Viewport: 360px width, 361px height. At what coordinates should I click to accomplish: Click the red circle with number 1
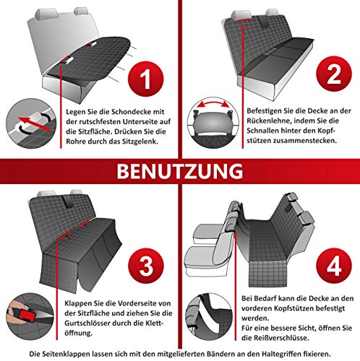coord(146,79)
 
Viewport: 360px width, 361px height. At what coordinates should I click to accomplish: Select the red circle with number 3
coord(146,266)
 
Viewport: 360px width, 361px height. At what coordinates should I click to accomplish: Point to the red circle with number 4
coord(334,266)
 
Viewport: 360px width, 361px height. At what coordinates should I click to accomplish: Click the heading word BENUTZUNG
coord(180,171)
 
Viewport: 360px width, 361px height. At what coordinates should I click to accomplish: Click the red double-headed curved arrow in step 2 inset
coord(213,105)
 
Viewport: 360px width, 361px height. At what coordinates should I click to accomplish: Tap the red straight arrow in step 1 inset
coord(34,124)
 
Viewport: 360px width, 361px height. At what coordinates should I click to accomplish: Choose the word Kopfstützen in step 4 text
coord(286,308)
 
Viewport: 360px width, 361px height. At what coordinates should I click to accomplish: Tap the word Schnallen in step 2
coord(263,131)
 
